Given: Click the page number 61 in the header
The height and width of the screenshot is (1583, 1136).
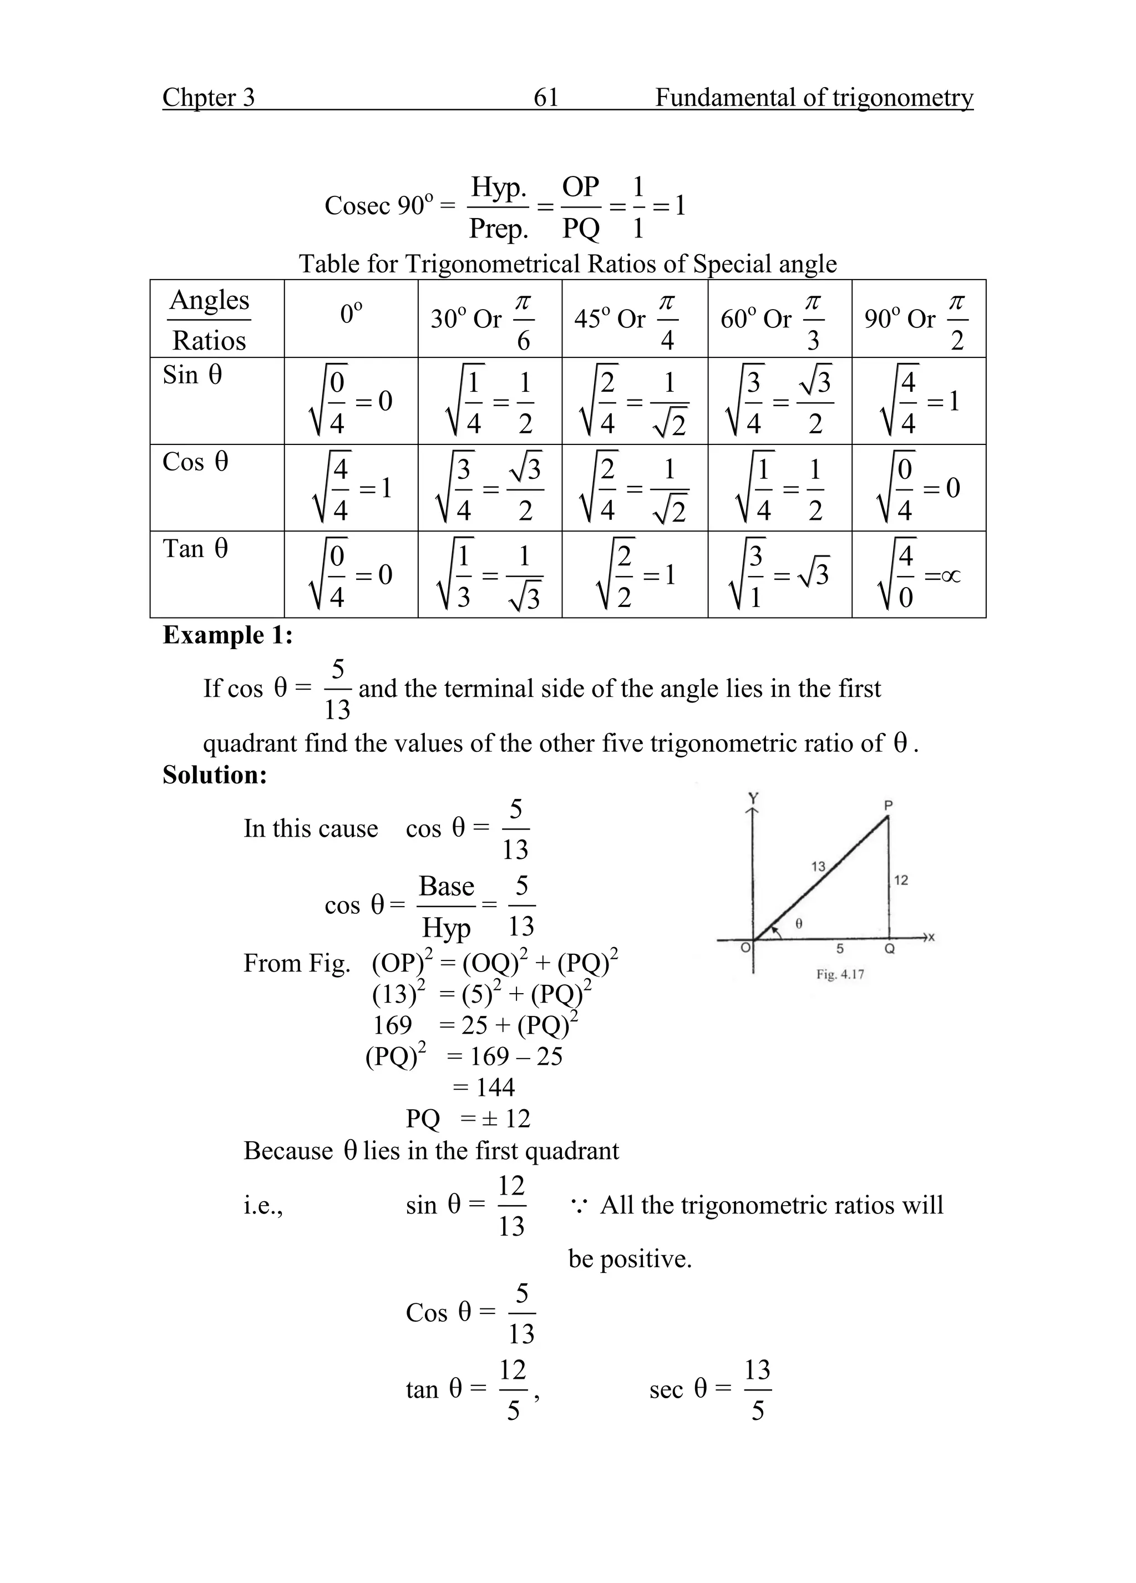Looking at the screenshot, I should point(546,97).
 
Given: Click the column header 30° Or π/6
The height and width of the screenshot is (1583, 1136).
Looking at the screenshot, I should point(489,320).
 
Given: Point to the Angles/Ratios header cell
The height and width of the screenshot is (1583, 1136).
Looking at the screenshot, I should point(209,320).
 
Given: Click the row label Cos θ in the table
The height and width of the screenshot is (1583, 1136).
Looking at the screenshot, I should point(195,462).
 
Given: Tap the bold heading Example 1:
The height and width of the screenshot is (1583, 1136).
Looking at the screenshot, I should point(227,635).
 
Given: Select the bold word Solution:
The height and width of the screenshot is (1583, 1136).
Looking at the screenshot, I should point(215,775).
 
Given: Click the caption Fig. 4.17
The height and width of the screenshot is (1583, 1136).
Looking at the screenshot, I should point(840,974).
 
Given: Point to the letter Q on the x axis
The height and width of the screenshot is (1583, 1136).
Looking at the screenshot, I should point(890,949).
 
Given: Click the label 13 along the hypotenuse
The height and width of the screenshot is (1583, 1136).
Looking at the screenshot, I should point(818,866).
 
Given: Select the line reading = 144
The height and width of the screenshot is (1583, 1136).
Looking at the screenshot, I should point(484,1088).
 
